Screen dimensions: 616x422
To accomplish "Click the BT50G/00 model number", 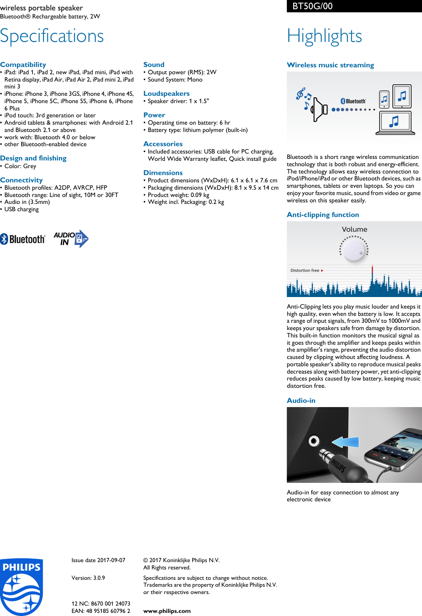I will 312,6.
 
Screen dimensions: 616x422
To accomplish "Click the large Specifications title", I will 52,36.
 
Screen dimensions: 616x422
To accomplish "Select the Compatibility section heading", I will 23,65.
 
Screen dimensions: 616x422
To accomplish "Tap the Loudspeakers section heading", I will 166,93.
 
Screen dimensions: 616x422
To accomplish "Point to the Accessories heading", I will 163,144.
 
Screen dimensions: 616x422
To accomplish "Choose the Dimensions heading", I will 163,173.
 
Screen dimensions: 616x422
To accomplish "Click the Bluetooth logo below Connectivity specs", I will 23,239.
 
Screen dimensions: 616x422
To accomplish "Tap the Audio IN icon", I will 71,239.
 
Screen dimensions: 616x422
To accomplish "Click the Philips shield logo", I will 22,587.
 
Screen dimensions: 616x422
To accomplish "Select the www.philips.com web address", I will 167,611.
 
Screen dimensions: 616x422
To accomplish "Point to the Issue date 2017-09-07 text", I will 98,560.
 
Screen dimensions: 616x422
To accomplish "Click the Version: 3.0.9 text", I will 88,578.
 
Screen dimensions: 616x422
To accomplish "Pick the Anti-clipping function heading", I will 323,215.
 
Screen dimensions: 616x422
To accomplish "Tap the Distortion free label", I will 305,270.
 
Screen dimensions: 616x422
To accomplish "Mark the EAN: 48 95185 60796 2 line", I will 101,611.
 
